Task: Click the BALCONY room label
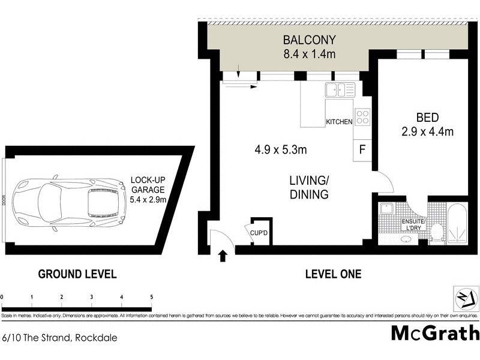[x=310, y=41]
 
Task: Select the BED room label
[x=427, y=118]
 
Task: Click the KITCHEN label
[x=339, y=122]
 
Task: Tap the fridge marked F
[x=362, y=149]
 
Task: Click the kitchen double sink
[x=340, y=91]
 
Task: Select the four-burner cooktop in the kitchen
[x=362, y=116]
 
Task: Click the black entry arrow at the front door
[x=223, y=256]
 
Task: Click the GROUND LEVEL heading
[x=77, y=274]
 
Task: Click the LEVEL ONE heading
[x=333, y=274]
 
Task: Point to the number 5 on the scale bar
[x=151, y=296]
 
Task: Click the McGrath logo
[x=435, y=332]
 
